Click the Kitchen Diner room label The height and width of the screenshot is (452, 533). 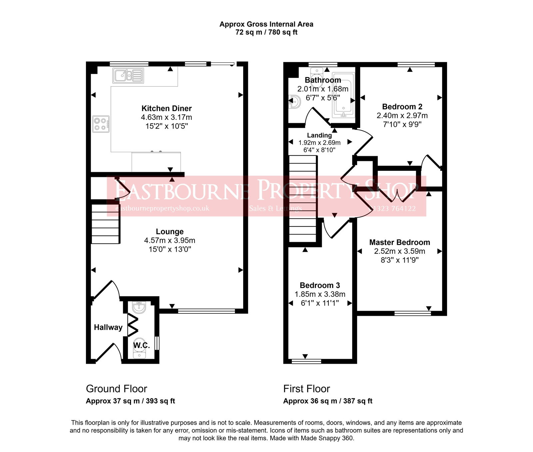coord(167,108)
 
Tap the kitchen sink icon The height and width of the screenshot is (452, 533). coord(128,75)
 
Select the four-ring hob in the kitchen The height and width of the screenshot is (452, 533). coord(101,124)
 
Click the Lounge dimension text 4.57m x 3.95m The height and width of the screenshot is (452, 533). coord(170,240)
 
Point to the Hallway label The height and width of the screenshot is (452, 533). coord(108,327)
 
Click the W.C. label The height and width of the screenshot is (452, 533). coord(142,345)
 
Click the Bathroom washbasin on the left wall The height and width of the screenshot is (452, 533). coord(294,101)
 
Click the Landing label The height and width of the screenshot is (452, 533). coord(319,135)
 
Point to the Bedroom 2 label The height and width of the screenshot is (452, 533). coord(402,107)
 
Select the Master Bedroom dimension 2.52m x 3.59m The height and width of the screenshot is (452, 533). coord(399,251)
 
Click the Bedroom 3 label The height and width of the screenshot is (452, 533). coord(320,285)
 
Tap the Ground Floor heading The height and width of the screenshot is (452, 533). coord(116,389)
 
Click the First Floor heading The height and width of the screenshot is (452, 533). coord(306,389)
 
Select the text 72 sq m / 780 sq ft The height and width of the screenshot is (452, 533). coord(266,32)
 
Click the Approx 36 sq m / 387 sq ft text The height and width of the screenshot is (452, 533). coord(327,401)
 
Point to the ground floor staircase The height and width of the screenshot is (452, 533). coord(105,224)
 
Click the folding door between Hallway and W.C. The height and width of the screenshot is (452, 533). coord(133,326)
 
